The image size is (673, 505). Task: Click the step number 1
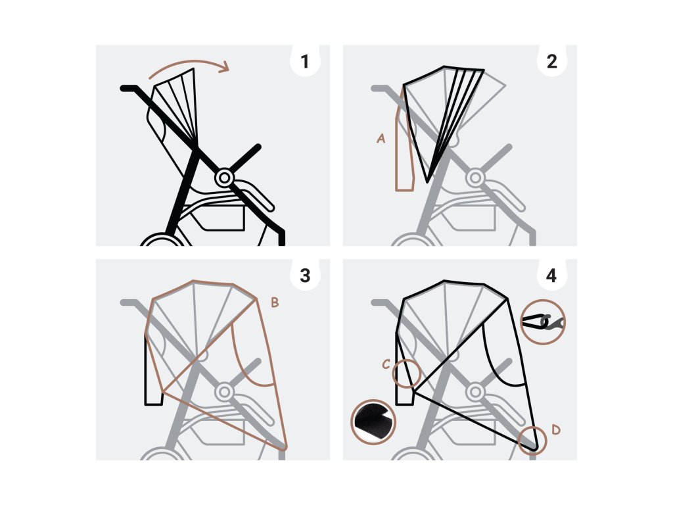(304, 62)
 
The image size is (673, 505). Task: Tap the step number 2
(551, 62)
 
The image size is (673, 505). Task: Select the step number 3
(304, 276)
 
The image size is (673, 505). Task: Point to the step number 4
(551, 276)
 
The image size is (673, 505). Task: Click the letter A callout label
(381, 139)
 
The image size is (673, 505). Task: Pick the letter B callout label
(275, 303)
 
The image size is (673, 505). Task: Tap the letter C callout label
(386, 364)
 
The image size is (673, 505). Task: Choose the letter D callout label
(556, 430)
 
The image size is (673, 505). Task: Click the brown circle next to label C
(406, 373)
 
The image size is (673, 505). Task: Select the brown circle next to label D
(532, 440)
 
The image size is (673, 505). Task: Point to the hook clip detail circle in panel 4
(542, 322)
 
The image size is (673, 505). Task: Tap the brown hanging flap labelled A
(404, 158)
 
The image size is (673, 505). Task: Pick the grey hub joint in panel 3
(225, 392)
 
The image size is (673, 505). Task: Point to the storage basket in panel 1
(220, 216)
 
